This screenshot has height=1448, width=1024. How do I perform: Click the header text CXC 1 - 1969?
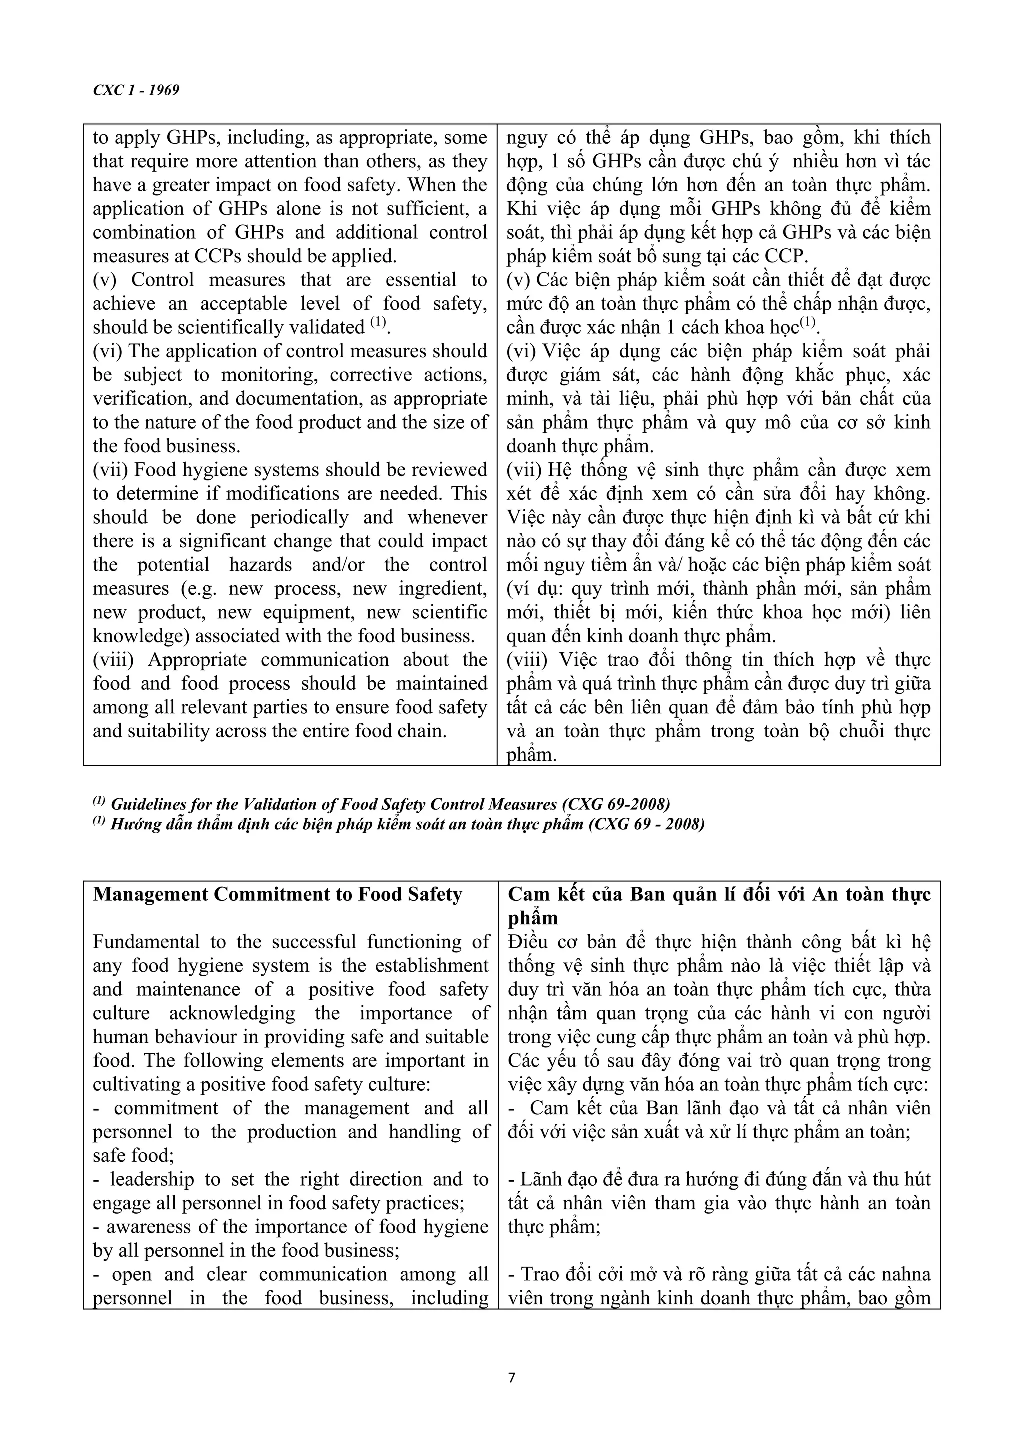coord(136,91)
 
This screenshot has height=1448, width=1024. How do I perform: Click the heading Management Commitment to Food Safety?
coord(277,895)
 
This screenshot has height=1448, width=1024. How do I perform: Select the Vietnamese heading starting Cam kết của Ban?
coord(719,895)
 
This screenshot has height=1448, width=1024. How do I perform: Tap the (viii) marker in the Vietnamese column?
coord(527,660)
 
